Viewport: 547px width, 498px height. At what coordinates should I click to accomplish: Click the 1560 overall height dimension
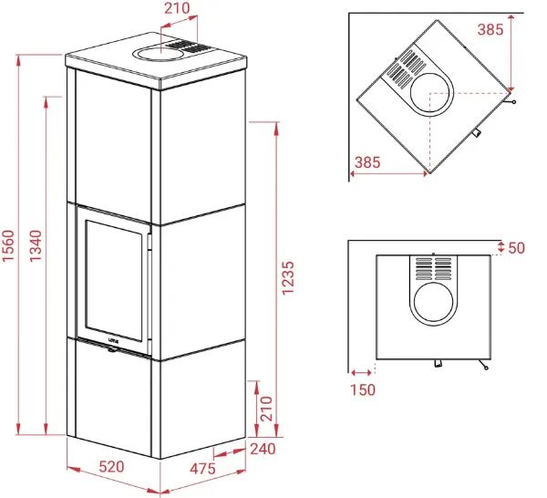(7, 245)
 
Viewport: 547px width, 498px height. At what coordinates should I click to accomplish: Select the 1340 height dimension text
(36, 245)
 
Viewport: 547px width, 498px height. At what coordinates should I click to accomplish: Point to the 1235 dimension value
(288, 278)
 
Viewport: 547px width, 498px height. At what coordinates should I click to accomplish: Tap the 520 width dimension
(111, 467)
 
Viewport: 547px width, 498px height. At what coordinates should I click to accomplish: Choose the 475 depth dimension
(202, 468)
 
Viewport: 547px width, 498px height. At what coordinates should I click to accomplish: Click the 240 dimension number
(263, 449)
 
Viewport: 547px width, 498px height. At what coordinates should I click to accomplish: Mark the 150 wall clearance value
(363, 389)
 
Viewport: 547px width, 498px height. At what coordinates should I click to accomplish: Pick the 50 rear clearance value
(517, 248)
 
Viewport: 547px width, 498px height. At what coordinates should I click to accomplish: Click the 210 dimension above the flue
(177, 8)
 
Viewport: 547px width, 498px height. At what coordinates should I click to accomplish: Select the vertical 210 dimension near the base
(266, 409)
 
